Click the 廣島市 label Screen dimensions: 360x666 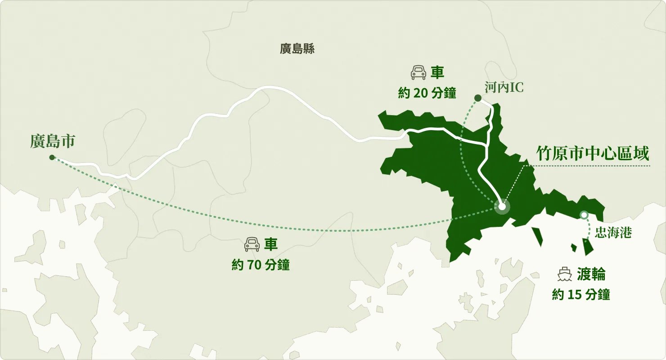52,141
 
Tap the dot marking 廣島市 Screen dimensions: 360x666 52,157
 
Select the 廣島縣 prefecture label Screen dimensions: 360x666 297,49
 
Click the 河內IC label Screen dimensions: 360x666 504,87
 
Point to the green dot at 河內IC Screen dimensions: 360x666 478,98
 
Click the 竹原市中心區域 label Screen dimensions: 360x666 593,153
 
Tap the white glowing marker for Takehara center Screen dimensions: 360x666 502,207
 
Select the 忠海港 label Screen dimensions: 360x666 613,233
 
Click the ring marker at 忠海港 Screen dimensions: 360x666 584,216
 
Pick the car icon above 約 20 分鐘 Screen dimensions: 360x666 418,72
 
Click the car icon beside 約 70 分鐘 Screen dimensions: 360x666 252,244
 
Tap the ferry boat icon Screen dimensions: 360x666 565,274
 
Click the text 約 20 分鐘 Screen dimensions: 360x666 427,93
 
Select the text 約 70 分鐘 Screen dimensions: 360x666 261,265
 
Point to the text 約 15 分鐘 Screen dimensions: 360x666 581,295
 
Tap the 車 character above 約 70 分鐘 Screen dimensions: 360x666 271,244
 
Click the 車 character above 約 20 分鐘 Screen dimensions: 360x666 437,72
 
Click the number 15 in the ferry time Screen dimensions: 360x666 574,295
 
